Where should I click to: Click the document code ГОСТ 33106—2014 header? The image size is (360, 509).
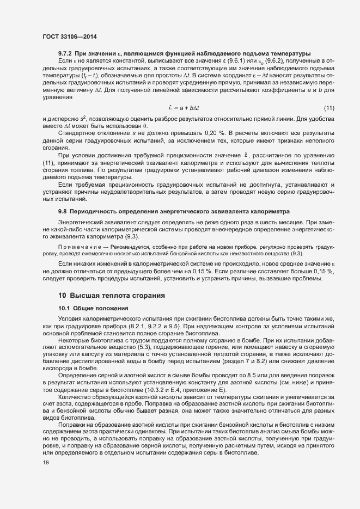(70, 36)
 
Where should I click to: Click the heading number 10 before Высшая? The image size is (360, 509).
(62, 296)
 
